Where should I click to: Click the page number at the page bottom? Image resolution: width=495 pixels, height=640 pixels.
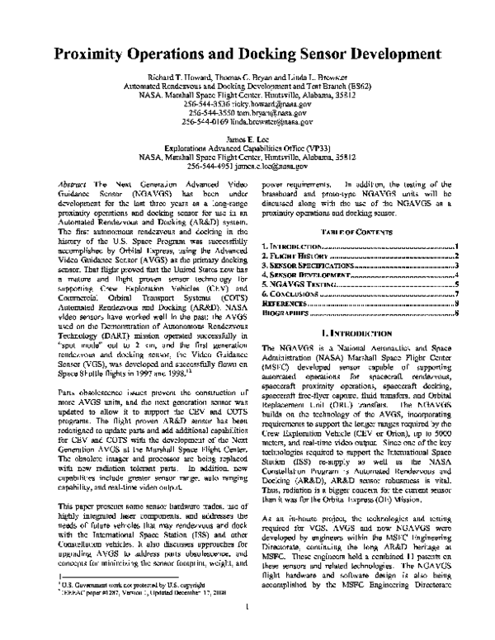click(x=247, y=609)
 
